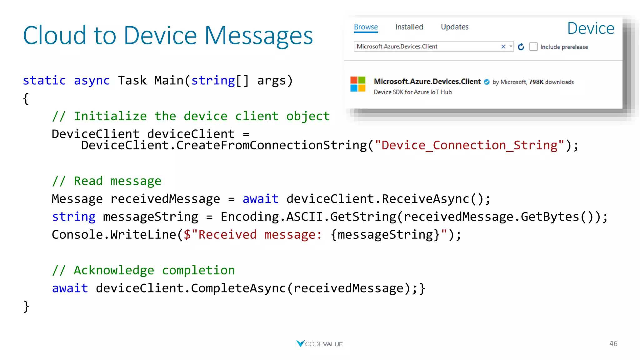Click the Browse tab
click(x=366, y=27)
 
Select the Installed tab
click(x=409, y=27)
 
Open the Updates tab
click(x=454, y=27)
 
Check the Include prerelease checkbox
click(x=533, y=47)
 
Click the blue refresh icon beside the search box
click(x=521, y=47)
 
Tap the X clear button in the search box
click(x=503, y=47)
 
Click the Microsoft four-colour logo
click(x=358, y=84)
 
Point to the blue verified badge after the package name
click(x=487, y=82)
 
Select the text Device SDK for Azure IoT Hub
click(x=412, y=92)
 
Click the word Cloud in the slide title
click(x=54, y=36)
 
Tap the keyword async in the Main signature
click(x=92, y=81)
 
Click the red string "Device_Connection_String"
click(x=469, y=145)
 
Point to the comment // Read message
click(x=107, y=181)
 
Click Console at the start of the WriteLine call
click(x=77, y=235)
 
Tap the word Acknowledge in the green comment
click(x=114, y=270)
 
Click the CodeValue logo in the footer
click(x=319, y=344)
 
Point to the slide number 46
click(x=613, y=344)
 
